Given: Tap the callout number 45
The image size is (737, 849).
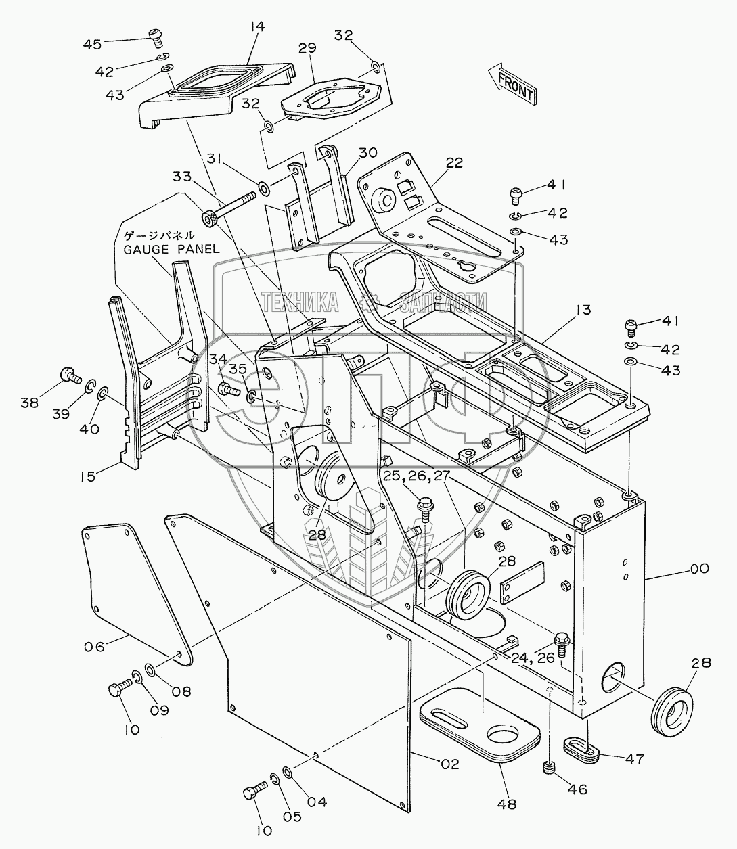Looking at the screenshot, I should [x=92, y=44].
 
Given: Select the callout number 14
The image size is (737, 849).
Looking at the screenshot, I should [x=257, y=26].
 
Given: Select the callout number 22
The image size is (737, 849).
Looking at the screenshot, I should [x=455, y=162].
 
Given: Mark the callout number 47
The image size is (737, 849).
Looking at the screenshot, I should [x=633, y=758].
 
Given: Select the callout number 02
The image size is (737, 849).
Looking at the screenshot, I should [x=449, y=764].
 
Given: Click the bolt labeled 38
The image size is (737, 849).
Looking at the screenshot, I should [x=68, y=374].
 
